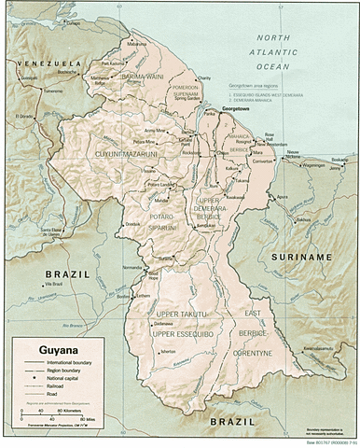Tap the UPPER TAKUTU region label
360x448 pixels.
coord(180,315)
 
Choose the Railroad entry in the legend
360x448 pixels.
coord(55,389)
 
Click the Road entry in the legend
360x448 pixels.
coord(51,399)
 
